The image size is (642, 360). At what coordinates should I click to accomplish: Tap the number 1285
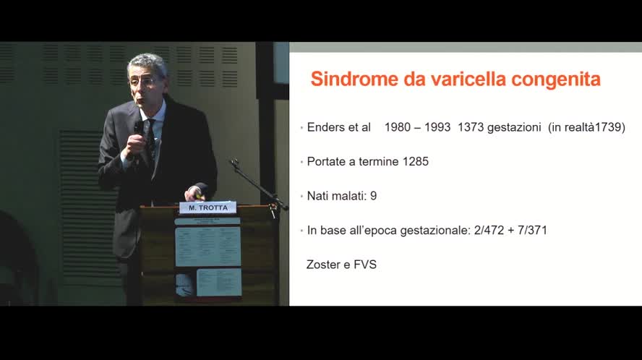(415, 161)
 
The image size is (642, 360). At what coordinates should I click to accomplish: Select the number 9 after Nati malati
(373, 196)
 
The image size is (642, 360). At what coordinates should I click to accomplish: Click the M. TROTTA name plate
(208, 208)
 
